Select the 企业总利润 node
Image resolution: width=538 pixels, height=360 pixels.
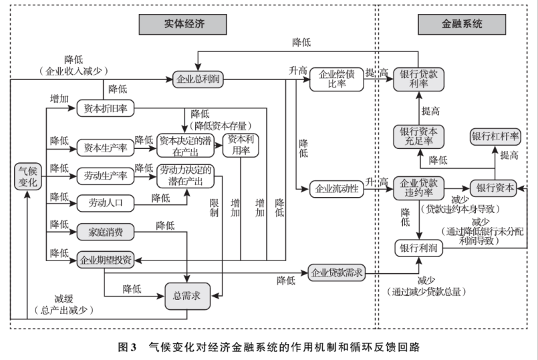(197, 79)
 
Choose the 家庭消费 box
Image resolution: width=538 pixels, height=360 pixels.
(105, 231)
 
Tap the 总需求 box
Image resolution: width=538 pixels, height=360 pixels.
(187, 295)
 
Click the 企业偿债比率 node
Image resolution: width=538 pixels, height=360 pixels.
(335, 79)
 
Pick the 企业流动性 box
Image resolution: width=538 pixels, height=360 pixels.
(337, 188)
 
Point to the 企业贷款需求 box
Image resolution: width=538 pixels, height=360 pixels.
(337, 272)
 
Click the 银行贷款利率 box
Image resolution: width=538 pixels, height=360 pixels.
(418, 79)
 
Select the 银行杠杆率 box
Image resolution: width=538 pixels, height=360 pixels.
(495, 136)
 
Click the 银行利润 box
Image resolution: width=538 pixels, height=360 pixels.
(418, 247)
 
